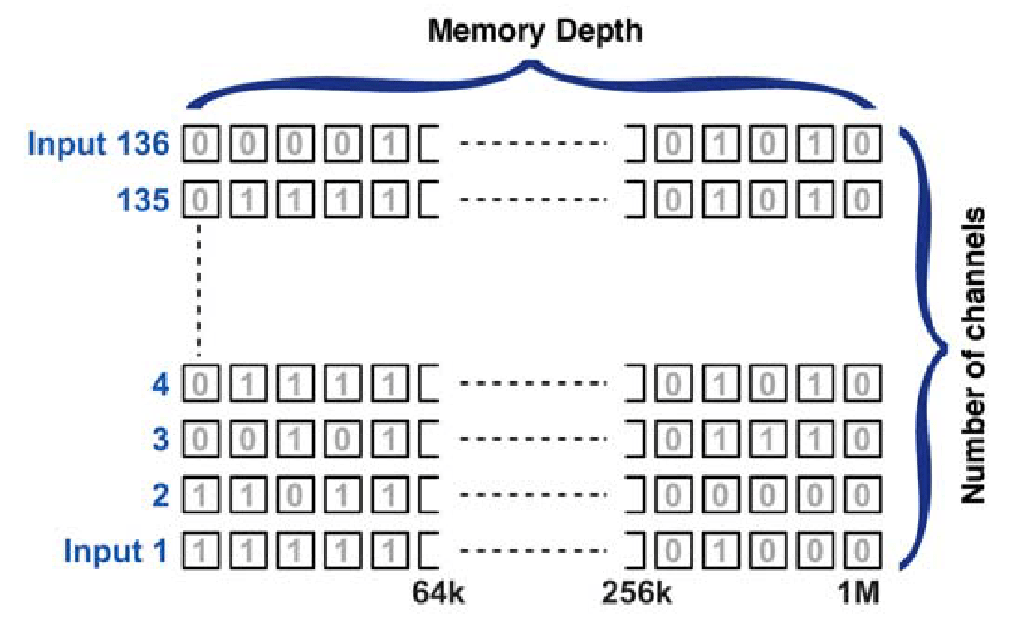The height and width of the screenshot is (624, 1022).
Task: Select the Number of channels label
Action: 972,356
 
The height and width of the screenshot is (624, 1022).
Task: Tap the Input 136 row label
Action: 99,145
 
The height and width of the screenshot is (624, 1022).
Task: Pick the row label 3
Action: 159,440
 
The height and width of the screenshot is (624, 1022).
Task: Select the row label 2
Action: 159,496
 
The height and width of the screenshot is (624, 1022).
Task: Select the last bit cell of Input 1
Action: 862,552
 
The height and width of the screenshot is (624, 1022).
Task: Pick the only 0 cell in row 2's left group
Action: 295,496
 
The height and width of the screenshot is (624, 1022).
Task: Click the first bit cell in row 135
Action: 200,200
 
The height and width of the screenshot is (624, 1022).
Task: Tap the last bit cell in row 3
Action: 862,440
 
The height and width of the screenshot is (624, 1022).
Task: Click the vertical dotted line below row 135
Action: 200,291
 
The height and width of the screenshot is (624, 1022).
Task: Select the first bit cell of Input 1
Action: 200,552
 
